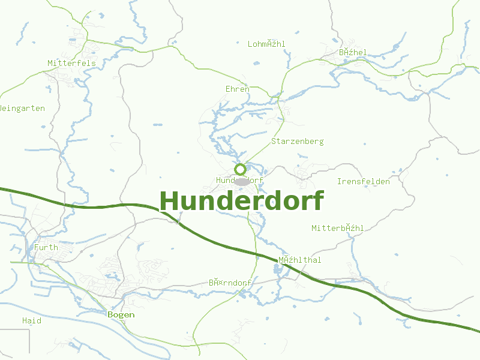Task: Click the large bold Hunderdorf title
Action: [242, 201]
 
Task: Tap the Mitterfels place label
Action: [71, 63]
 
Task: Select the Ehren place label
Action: [237, 89]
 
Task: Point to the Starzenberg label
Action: [297, 142]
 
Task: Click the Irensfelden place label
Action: [363, 181]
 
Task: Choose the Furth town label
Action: [46, 247]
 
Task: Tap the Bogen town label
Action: [121, 314]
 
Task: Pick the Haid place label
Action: [32, 320]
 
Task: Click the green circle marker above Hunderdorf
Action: [240, 169]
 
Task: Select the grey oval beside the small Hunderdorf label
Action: [242, 181]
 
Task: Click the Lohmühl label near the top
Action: [266, 44]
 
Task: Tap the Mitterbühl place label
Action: [337, 228]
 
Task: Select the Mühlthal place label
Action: [299, 260]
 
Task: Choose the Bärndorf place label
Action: [230, 282]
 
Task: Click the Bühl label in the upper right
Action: [352, 53]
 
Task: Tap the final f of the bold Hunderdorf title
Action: [317, 201]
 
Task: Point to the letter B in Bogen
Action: [110, 314]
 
